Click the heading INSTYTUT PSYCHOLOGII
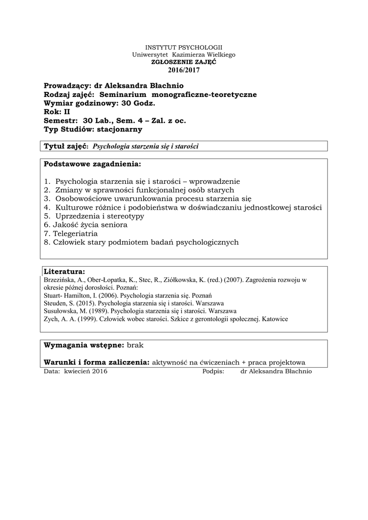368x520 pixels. point(184,47)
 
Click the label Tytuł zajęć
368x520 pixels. point(66,146)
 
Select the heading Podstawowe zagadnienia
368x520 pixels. point(92,165)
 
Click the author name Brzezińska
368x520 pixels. point(59,279)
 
